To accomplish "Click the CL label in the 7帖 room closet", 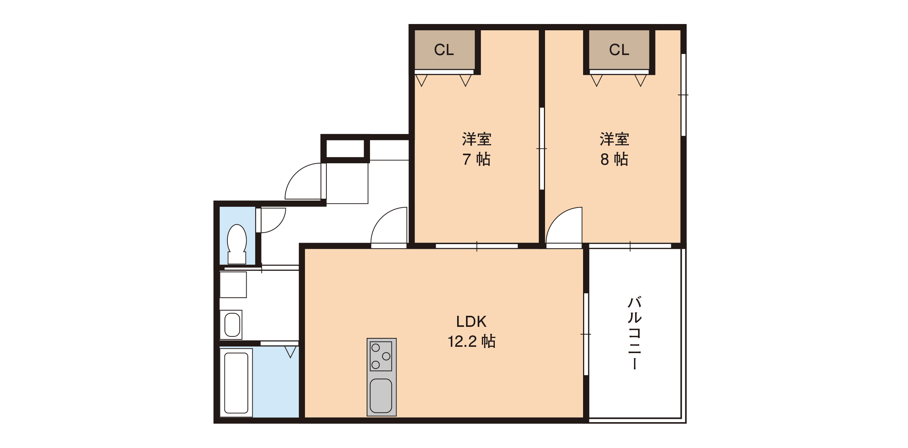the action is (444, 50).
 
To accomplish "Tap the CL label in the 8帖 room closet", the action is (619, 50).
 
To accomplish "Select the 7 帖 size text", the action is (476, 159).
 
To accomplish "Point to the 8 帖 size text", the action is (614, 159).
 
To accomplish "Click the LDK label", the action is (471, 322).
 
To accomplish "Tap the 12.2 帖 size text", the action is (472, 341).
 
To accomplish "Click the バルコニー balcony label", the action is (635, 332).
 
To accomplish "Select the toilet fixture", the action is (237, 244).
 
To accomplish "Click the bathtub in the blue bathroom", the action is (236, 383).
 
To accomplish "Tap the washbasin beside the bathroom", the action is (231, 325).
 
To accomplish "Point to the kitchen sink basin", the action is (381, 396).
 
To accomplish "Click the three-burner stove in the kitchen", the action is (381, 356).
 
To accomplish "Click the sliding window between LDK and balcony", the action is (586, 334).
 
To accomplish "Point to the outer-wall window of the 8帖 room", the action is (683, 95).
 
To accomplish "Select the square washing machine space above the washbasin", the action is (233, 285).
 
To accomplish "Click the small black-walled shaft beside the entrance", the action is (345, 148).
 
